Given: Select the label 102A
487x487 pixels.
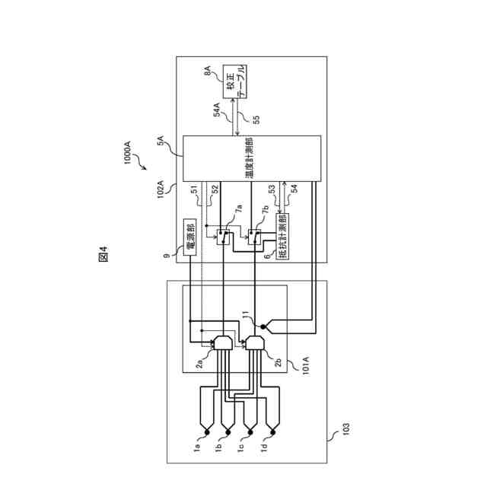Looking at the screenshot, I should pyautogui.click(x=163, y=187).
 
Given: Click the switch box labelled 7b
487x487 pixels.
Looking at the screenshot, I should pyautogui.click(x=255, y=237).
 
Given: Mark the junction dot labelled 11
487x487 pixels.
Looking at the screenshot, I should pyautogui.click(x=263, y=327).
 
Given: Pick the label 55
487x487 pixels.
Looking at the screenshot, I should pyautogui.click(x=256, y=119).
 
